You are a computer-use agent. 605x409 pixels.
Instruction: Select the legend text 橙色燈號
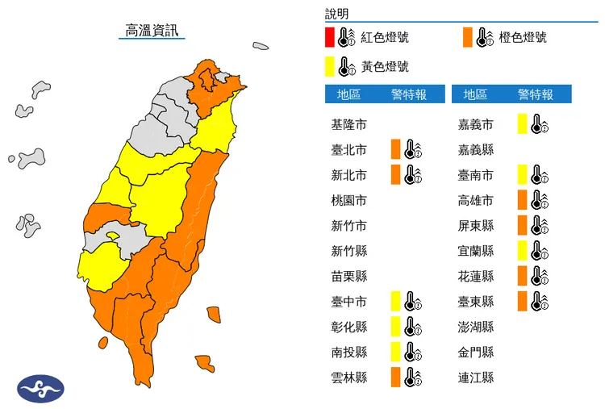[x=523, y=37]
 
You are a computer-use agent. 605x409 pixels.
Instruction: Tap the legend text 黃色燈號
[x=385, y=66]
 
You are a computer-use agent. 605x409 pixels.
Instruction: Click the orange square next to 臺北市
[x=395, y=149]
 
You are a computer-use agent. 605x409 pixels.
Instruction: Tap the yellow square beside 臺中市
[x=395, y=302]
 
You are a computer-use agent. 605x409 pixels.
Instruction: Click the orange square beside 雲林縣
[x=395, y=377]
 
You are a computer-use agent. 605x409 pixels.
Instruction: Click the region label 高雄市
[x=476, y=200]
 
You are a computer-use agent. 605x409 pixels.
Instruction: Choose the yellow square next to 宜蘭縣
[x=523, y=250]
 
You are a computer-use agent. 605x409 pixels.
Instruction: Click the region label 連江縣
[x=476, y=377]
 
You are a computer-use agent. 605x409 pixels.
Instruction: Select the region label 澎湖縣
[x=476, y=327]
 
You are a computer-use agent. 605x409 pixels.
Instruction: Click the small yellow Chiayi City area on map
[x=112, y=236]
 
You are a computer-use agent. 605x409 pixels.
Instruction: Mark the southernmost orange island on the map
[x=205, y=364]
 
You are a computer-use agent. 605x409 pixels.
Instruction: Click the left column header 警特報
[x=408, y=94]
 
